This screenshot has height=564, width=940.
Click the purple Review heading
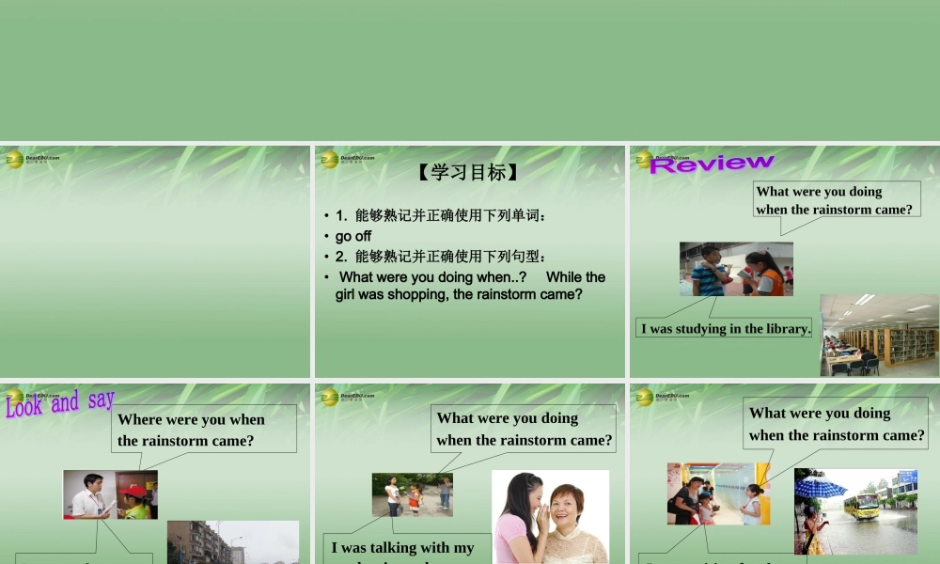[x=711, y=164]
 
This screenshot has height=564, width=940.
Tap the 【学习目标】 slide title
[x=467, y=172]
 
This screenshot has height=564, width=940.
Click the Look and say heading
[x=60, y=403]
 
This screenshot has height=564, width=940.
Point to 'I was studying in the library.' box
[x=725, y=328]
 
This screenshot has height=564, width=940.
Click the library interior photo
[x=879, y=336]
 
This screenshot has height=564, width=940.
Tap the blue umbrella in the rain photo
[x=821, y=487]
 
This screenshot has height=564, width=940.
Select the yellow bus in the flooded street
[x=862, y=506]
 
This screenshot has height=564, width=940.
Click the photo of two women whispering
[x=550, y=517]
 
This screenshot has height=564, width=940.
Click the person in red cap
[x=137, y=498]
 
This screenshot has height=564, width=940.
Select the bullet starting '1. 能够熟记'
[x=441, y=215]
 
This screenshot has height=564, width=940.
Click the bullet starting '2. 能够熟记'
[x=441, y=257]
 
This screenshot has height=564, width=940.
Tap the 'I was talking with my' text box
[x=403, y=549]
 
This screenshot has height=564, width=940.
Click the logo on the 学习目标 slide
[x=330, y=160]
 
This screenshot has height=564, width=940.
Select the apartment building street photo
[x=232, y=542]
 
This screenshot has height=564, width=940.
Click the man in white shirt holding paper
[x=90, y=495]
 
